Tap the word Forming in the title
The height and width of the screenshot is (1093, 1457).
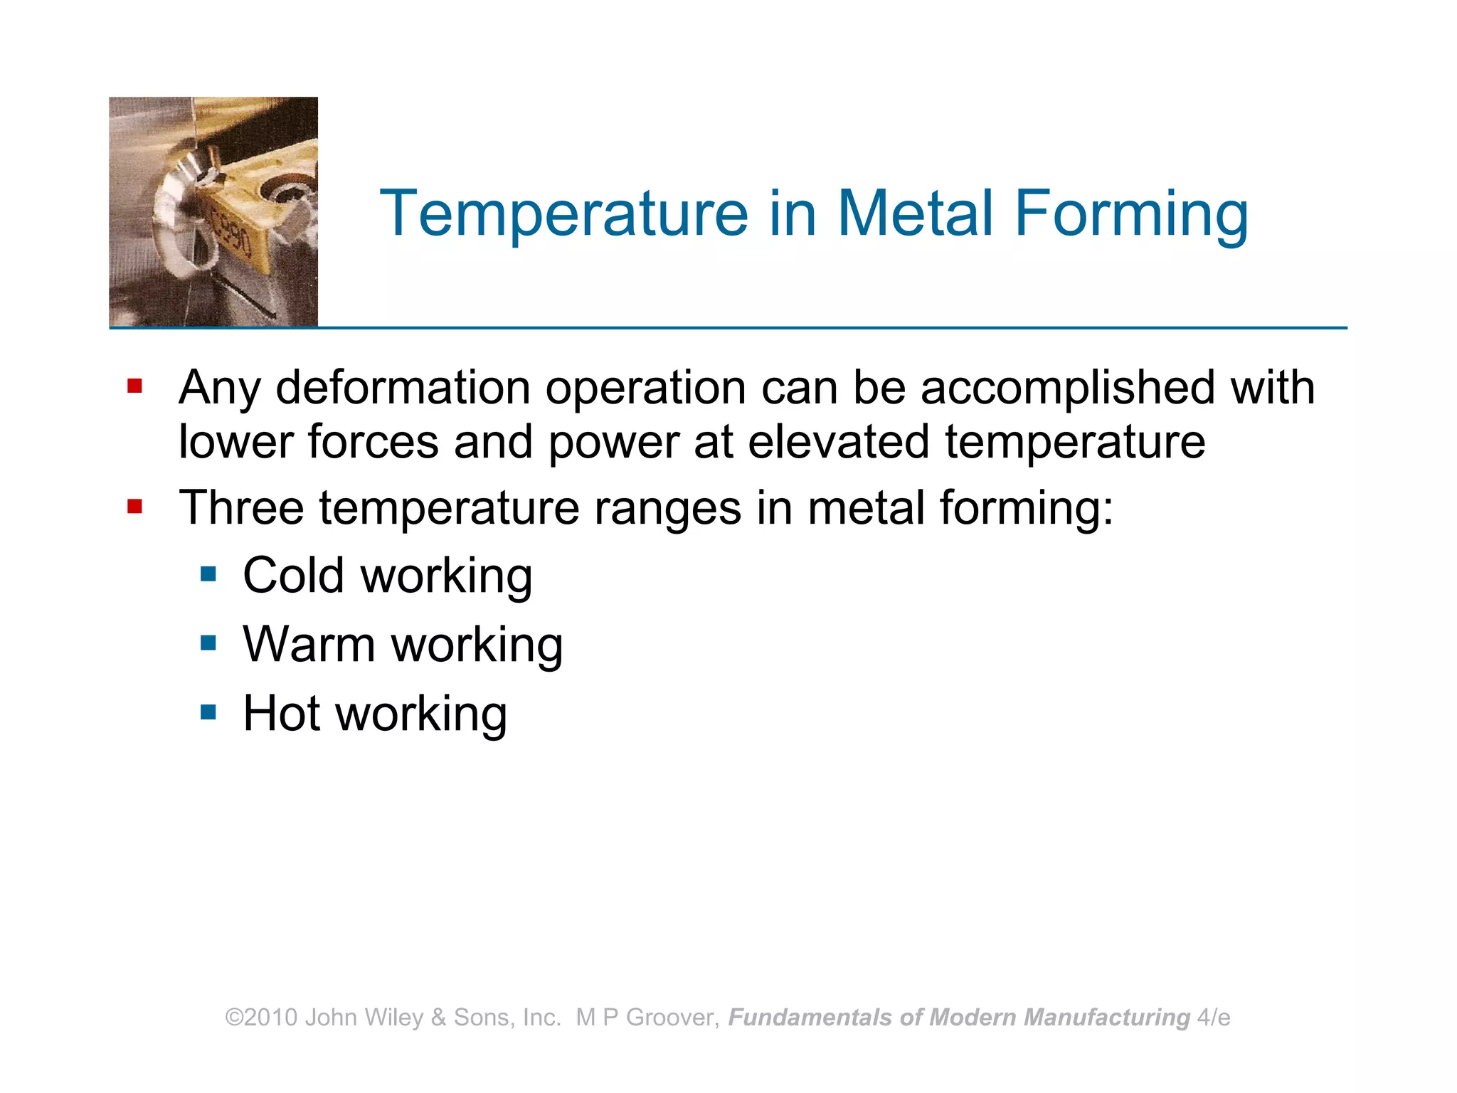point(1131,213)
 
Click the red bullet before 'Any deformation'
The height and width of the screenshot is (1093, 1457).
point(134,386)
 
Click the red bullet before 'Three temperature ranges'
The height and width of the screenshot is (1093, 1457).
point(134,507)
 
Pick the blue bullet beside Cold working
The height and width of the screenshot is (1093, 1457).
point(208,574)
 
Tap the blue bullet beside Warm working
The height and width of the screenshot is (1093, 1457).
point(208,644)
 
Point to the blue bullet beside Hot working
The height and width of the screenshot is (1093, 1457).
point(208,712)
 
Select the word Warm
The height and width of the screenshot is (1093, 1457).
point(309,645)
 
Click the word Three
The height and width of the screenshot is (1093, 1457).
point(241,508)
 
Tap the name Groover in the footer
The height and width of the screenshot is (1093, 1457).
point(669,1018)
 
